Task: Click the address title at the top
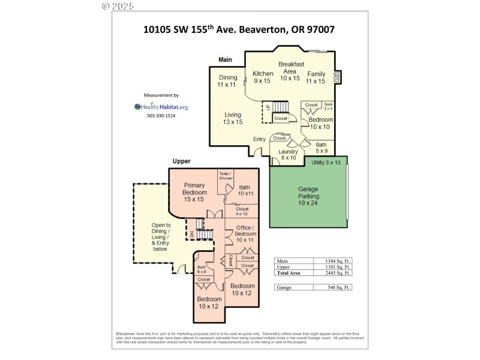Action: coord(239,28)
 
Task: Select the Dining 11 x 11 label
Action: coord(227,81)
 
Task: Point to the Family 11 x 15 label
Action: coord(316,77)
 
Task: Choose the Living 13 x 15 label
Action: coord(233,118)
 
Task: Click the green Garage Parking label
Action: coord(309,196)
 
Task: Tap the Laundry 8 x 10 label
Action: coord(289,155)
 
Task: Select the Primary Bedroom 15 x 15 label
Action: coord(195,192)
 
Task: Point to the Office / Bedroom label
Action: coord(245,233)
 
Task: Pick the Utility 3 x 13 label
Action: coord(326,163)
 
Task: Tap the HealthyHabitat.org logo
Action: coord(161,107)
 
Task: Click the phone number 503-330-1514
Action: coord(161,116)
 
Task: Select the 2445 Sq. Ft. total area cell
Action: coord(332,273)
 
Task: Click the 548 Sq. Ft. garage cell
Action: coord(332,287)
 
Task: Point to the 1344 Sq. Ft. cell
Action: coord(332,261)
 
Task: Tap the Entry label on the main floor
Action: coord(259,139)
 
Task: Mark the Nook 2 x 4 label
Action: coord(328,106)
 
